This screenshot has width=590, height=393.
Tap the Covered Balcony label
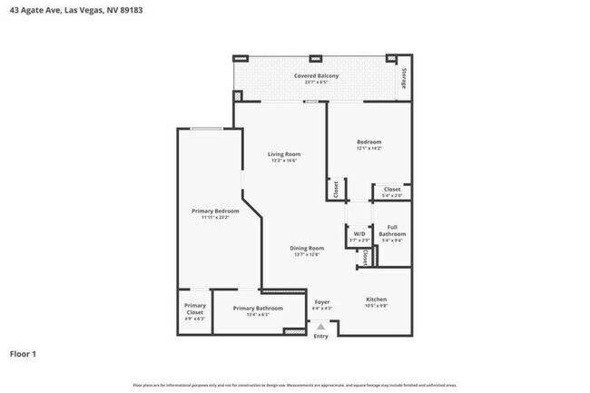[x=316, y=75]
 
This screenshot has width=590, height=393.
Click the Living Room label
[x=283, y=154]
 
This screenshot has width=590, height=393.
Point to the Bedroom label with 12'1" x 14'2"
[x=369, y=142]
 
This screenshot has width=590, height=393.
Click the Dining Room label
[x=308, y=248]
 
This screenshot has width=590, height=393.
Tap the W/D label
[x=359, y=232]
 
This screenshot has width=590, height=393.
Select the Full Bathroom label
[x=392, y=231]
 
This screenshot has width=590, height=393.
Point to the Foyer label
[x=322, y=301]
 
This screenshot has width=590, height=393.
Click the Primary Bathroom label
[x=257, y=309]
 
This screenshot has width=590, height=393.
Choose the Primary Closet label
[x=195, y=309]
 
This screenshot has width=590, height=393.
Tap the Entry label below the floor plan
[x=321, y=337]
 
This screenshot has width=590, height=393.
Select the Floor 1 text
[x=24, y=353]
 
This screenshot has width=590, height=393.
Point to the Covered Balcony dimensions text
[x=316, y=83]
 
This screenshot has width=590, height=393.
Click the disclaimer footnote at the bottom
[x=295, y=385]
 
